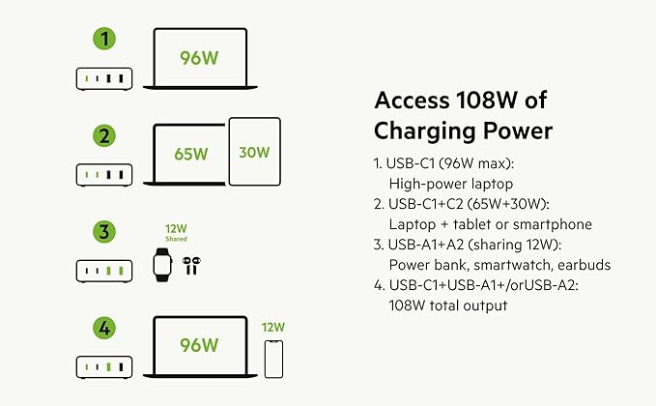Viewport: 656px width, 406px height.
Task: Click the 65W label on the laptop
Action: pyautogui.click(x=191, y=154)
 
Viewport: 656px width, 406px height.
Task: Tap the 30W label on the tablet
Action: pyautogui.click(x=255, y=152)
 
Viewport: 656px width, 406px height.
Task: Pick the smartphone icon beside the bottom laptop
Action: pyautogui.click(x=273, y=358)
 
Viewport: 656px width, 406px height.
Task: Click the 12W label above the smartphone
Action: pyautogui.click(x=273, y=327)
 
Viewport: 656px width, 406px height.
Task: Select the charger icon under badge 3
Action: pyautogui.click(x=104, y=271)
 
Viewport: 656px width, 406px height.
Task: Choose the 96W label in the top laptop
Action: pyautogui.click(x=198, y=58)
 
